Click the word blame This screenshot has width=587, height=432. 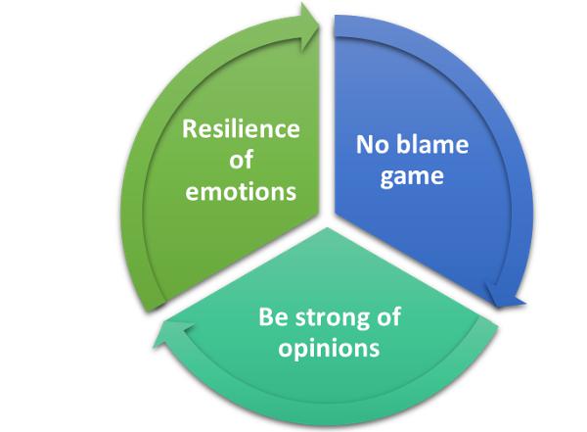[x=430, y=146]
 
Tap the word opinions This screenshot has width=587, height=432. [x=331, y=347]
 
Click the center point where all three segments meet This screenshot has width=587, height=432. [x=328, y=217]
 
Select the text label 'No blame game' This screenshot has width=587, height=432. [x=410, y=162]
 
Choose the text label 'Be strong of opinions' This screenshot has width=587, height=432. [x=331, y=331]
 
